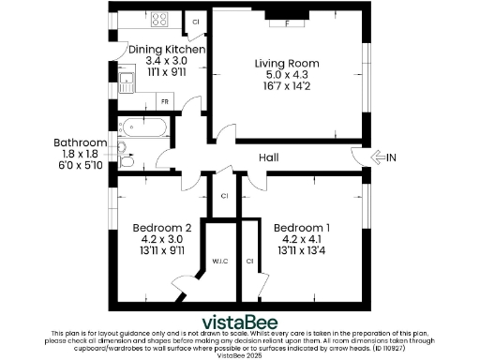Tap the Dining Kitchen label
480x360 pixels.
point(167,49)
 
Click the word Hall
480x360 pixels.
point(268,157)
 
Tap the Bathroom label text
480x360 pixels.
point(80,142)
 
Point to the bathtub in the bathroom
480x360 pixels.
point(145,127)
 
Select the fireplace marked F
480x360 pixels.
point(286,17)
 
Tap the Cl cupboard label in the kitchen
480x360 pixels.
point(196,21)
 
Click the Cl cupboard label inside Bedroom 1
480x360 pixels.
point(249,262)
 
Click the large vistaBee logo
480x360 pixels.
point(240,319)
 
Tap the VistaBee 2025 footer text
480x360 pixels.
point(240,355)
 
